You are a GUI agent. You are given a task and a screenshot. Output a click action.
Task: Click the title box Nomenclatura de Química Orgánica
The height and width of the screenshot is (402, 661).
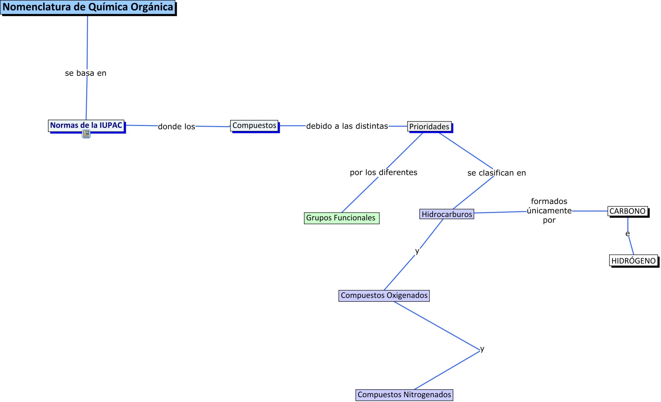pyautogui.click(x=88, y=7)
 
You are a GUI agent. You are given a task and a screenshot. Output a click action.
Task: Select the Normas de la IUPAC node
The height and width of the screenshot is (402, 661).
pyautogui.click(x=86, y=125)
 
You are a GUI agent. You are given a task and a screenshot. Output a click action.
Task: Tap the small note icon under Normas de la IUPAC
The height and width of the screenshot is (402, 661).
pyautogui.click(x=86, y=134)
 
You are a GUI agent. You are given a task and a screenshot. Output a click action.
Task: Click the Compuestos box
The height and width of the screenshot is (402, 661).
pyautogui.click(x=254, y=126)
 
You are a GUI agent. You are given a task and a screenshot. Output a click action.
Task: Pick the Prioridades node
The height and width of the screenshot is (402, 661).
pyautogui.click(x=429, y=126)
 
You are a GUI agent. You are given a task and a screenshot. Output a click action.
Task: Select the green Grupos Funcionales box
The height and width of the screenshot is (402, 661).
pyautogui.click(x=341, y=218)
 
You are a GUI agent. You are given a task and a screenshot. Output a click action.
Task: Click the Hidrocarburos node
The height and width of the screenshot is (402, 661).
pyautogui.click(x=446, y=214)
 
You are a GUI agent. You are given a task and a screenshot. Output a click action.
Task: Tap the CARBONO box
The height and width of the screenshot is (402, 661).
pyautogui.click(x=627, y=211)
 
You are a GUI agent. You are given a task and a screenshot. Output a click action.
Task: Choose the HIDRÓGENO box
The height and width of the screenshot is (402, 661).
pyautogui.click(x=633, y=261)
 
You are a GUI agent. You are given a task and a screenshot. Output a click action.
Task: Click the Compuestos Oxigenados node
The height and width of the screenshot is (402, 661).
pyautogui.click(x=384, y=296)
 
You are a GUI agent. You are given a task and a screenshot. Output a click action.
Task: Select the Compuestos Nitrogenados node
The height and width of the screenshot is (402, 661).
pyautogui.click(x=404, y=394)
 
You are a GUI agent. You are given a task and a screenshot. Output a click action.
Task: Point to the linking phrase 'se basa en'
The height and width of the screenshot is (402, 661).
pyautogui.click(x=86, y=73)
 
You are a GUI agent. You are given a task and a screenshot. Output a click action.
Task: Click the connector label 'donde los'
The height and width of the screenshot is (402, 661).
pyautogui.click(x=176, y=126)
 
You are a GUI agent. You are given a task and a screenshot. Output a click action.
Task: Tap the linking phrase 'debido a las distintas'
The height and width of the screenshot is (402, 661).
pyautogui.click(x=347, y=126)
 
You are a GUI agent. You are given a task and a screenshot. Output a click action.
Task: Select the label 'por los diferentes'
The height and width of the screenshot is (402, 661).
pyautogui.click(x=383, y=172)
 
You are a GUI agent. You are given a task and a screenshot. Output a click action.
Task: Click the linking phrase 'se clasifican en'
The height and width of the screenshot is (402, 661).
pyautogui.click(x=497, y=173)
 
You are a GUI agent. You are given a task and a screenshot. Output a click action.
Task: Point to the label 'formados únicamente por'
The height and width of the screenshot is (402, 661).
pyautogui.click(x=549, y=211)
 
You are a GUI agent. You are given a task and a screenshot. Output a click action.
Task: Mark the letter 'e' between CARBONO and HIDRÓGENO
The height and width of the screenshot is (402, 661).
pyautogui.click(x=627, y=234)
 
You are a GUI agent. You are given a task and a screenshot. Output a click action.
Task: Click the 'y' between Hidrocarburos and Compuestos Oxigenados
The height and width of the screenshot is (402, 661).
pyautogui.click(x=417, y=251)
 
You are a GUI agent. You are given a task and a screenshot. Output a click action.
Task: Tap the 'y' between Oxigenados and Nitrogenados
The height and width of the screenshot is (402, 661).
pyautogui.click(x=482, y=349)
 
